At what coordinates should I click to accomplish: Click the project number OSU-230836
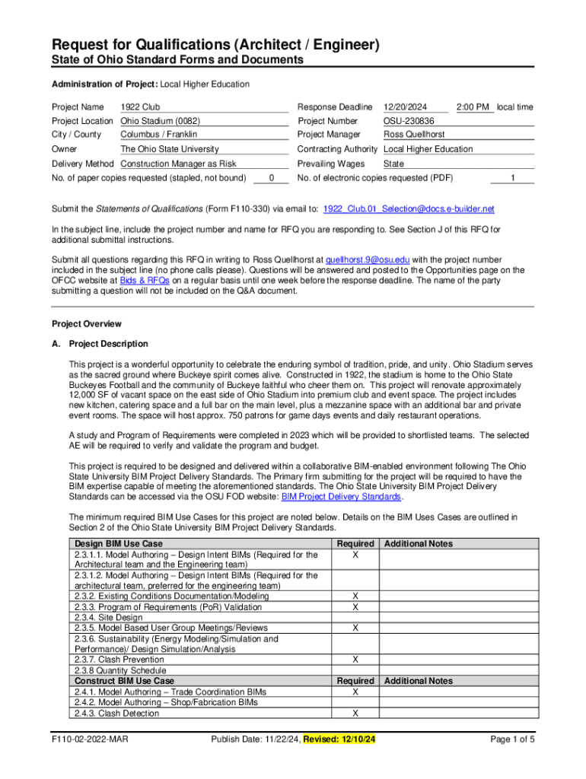point(409,121)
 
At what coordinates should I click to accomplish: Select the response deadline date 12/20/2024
point(405,107)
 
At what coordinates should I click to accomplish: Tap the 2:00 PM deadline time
point(473,107)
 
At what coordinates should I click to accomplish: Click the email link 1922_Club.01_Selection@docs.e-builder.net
point(409,208)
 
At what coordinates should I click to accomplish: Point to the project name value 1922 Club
point(140,107)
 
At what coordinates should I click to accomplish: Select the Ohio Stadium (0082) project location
point(160,121)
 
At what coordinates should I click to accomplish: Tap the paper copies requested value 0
point(272,178)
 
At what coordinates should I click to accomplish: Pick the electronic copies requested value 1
point(513,178)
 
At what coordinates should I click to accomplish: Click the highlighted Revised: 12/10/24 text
point(342,739)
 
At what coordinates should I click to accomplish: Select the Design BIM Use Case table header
point(118,544)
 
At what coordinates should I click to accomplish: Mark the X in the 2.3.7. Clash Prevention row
point(355,660)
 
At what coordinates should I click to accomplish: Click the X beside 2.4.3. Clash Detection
point(355,714)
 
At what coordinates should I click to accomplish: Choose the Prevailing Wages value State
point(393,164)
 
